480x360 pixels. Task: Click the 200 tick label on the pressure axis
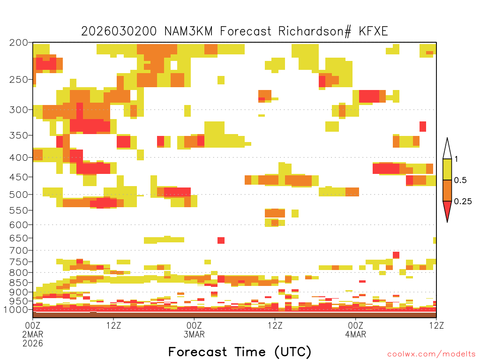pyautogui.click(x=19, y=43)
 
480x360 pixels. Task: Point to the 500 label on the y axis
pyautogui.click(x=19, y=195)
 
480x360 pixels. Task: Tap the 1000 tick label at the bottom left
pyautogui.click(x=16, y=310)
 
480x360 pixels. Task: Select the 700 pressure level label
pyautogui.click(x=19, y=251)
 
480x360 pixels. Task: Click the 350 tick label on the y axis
pyautogui.click(x=19, y=135)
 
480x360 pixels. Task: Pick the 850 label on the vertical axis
pyautogui.click(x=19, y=283)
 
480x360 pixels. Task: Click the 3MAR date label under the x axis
pyautogui.click(x=194, y=334)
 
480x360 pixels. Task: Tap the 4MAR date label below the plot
pyautogui.click(x=355, y=334)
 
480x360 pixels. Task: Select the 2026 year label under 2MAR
pyautogui.click(x=33, y=344)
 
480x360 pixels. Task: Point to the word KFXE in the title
pyautogui.click(x=373, y=31)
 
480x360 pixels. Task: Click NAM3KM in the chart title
pyautogui.click(x=188, y=31)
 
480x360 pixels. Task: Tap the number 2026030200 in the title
pyautogui.click(x=119, y=31)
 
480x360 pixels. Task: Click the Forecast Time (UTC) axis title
pyautogui.click(x=240, y=352)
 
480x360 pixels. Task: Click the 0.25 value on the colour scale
pyautogui.click(x=463, y=202)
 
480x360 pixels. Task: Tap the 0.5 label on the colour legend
pyautogui.click(x=460, y=180)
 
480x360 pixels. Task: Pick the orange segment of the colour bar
pyautogui.click(x=447, y=191)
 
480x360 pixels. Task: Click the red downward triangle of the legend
pyautogui.click(x=447, y=210)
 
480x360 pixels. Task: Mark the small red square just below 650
pyautogui.click(x=221, y=240)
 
